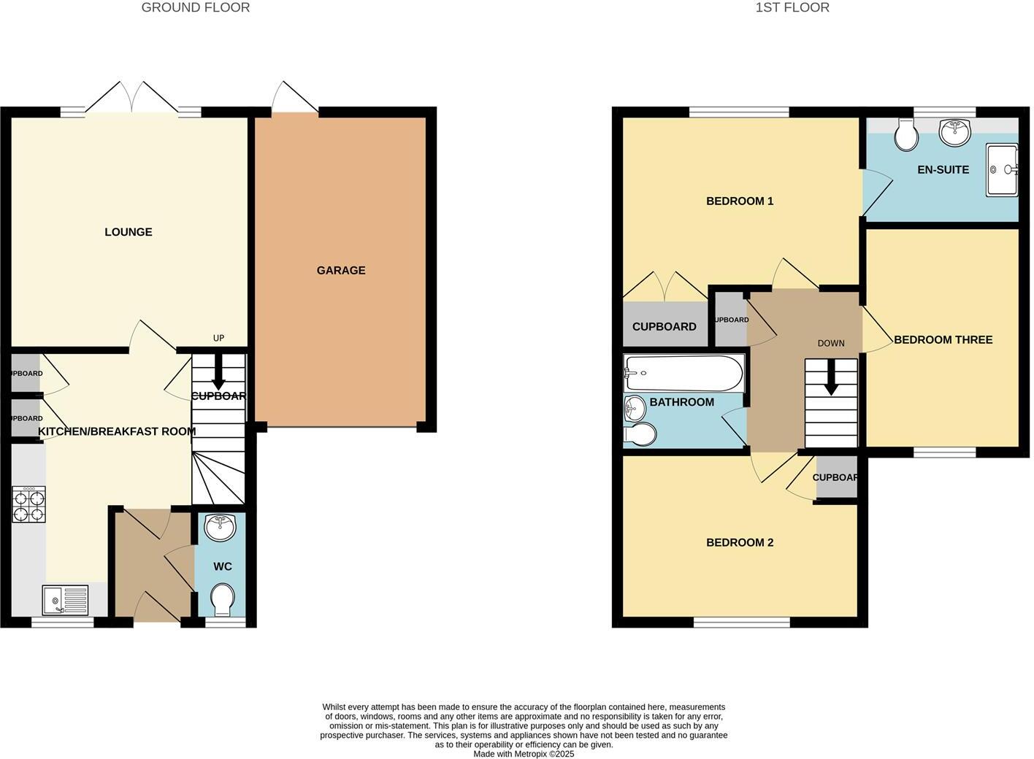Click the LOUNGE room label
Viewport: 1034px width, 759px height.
pyautogui.click(x=129, y=232)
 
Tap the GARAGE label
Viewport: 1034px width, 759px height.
pyautogui.click(x=341, y=270)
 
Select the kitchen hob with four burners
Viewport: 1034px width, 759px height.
pyautogui.click(x=28, y=504)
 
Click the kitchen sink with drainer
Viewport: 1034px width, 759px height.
pyautogui.click(x=65, y=600)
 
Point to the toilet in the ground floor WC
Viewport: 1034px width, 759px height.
pyautogui.click(x=221, y=599)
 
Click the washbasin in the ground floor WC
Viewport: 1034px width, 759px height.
pyautogui.click(x=220, y=527)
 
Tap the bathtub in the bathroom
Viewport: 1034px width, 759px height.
pyautogui.click(x=683, y=374)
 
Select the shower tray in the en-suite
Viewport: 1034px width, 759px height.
pyautogui.click(x=1001, y=170)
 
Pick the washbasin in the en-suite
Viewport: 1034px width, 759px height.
pyautogui.click(x=954, y=132)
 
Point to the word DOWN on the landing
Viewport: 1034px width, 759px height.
pyautogui.click(x=831, y=343)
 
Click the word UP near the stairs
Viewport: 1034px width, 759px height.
pyautogui.click(x=218, y=338)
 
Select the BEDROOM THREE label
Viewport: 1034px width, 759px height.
pyautogui.click(x=943, y=339)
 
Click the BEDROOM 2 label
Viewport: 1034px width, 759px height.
pyautogui.click(x=739, y=542)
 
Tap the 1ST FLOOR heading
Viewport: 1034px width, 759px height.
pyautogui.click(x=792, y=8)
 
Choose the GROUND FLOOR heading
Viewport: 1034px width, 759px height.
pyautogui.click(x=196, y=8)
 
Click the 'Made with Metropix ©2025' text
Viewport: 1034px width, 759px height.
pyautogui.click(x=524, y=754)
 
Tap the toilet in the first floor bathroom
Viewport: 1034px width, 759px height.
pyautogui.click(x=640, y=435)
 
